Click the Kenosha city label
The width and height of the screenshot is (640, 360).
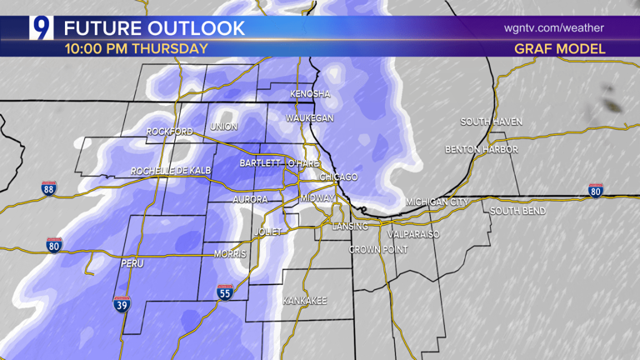[x=311, y=94]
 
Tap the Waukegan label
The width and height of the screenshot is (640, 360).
[x=310, y=118]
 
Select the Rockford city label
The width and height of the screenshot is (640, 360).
[x=169, y=132]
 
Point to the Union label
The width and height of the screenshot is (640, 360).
[x=224, y=127]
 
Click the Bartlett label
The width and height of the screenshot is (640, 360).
[x=259, y=163]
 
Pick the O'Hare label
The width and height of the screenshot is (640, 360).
[x=304, y=163]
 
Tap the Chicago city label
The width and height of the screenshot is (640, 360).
[x=339, y=177]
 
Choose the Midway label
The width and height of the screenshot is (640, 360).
[x=317, y=198]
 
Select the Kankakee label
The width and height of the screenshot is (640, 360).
[x=304, y=300]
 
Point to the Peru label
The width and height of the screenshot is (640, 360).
[x=133, y=263]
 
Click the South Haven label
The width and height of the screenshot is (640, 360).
[x=492, y=122]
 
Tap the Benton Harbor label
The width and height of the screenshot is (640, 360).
[x=482, y=150]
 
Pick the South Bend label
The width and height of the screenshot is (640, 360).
[x=517, y=212]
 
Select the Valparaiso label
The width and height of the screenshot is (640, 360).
[x=412, y=235]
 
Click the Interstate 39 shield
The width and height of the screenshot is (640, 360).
[x=122, y=305]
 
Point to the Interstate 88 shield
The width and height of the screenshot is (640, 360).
[x=49, y=189]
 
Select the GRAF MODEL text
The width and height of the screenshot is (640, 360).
[x=560, y=49]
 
